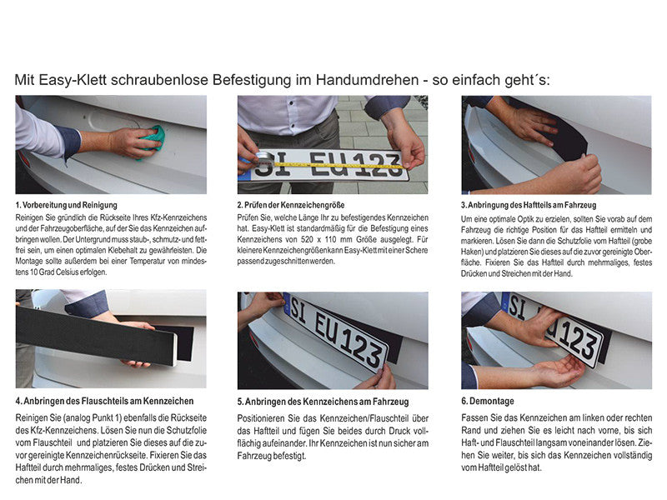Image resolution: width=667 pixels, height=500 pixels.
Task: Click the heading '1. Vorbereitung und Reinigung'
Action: [x=67, y=204]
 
